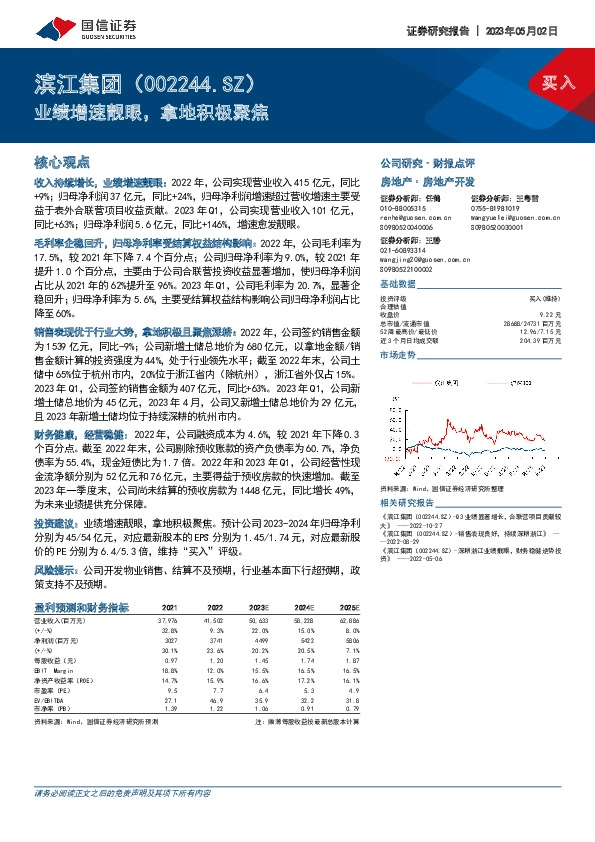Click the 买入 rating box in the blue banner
[x=558, y=82]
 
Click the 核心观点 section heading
[x=62, y=161]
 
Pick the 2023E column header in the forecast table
[x=259, y=606]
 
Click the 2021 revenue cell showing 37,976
[x=169, y=621]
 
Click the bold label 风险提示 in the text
[x=56, y=570]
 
